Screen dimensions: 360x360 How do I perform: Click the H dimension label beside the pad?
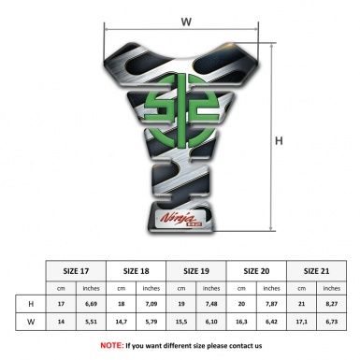click(279, 141)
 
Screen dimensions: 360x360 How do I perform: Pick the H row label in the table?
click(31, 304)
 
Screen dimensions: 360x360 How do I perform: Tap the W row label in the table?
click(31, 322)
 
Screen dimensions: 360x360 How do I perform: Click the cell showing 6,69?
click(91, 304)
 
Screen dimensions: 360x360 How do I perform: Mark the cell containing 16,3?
click(243, 322)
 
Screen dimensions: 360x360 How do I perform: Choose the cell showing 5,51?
click(91, 322)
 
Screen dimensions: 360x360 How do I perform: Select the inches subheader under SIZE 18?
click(151, 287)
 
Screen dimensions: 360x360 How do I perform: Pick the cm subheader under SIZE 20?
click(243, 287)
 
